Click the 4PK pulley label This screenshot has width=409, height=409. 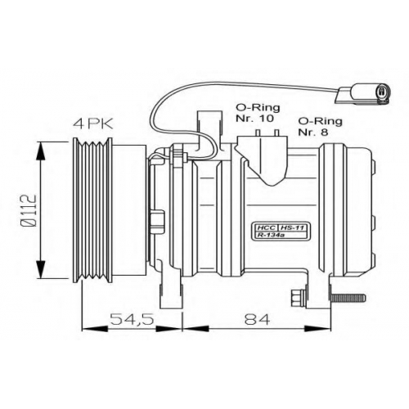click(x=93, y=124)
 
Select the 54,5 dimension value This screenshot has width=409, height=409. click(x=132, y=319)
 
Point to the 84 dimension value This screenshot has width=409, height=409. click(x=257, y=319)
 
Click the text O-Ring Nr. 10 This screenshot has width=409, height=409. click(x=258, y=113)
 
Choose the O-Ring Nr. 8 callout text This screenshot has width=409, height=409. click(x=320, y=126)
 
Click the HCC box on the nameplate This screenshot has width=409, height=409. click(x=264, y=227)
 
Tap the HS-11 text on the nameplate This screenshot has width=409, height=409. click(x=294, y=227)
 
